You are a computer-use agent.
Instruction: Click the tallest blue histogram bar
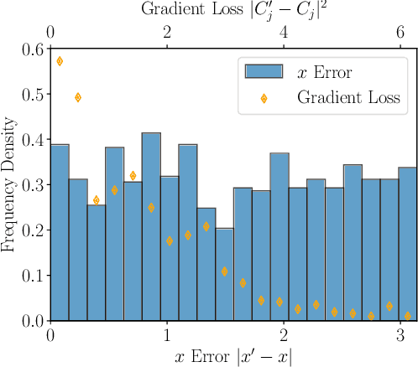[x=151, y=226]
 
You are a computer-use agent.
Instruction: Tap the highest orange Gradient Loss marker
[x=60, y=61]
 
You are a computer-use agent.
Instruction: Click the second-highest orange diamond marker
[x=78, y=97]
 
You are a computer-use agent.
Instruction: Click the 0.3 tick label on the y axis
[x=33, y=184]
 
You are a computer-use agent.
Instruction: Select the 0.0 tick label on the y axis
[x=33, y=320]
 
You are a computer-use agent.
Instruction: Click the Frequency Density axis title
[x=10, y=184]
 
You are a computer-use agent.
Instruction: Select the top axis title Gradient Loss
[x=234, y=11]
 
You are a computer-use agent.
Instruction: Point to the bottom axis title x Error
[x=234, y=355]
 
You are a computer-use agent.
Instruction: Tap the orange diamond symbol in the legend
[x=264, y=98]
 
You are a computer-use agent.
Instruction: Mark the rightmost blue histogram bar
[x=407, y=244]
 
